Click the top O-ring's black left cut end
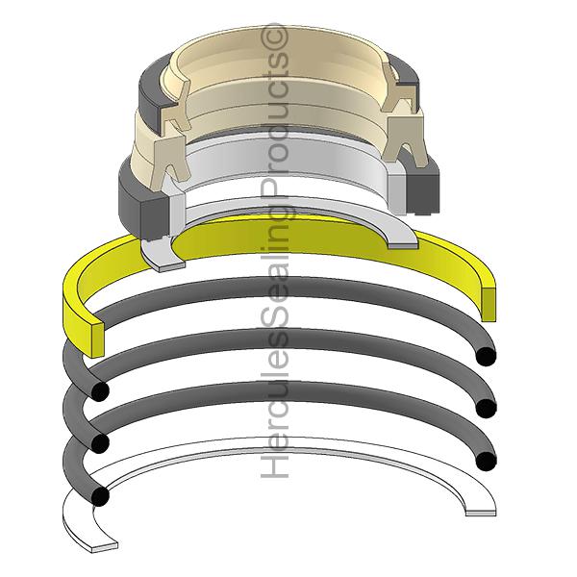click(100, 390)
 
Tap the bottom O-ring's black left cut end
click(100, 495)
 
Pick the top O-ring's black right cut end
click(486, 356)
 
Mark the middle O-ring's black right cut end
click(486, 408)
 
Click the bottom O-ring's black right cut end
click(486, 461)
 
